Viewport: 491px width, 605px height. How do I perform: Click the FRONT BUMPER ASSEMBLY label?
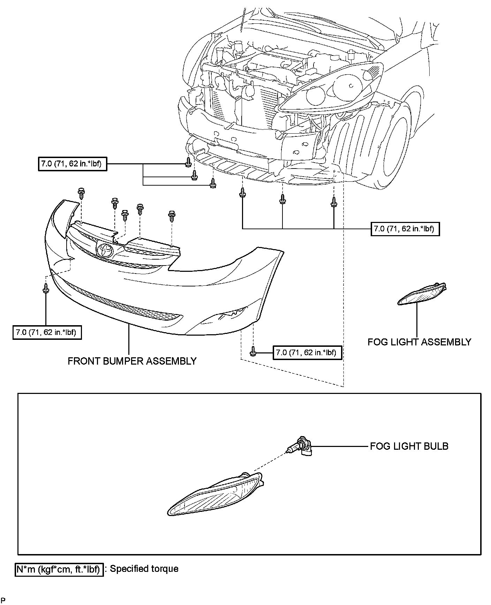(x=132, y=361)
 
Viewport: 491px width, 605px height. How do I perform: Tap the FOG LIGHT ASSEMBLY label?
(x=419, y=342)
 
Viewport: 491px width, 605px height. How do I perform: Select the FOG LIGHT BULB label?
(x=409, y=446)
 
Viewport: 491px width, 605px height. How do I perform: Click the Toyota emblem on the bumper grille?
(x=104, y=250)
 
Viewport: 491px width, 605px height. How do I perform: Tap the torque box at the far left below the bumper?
(x=47, y=332)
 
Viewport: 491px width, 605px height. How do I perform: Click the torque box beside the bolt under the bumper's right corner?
(x=306, y=353)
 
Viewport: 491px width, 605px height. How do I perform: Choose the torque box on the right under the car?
(x=405, y=229)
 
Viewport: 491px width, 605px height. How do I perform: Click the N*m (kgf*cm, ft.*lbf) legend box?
(x=59, y=569)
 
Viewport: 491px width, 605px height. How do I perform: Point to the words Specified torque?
(x=144, y=569)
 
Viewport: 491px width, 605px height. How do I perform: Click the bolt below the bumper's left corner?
(x=46, y=288)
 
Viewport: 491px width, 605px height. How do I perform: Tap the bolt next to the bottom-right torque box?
(x=253, y=352)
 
